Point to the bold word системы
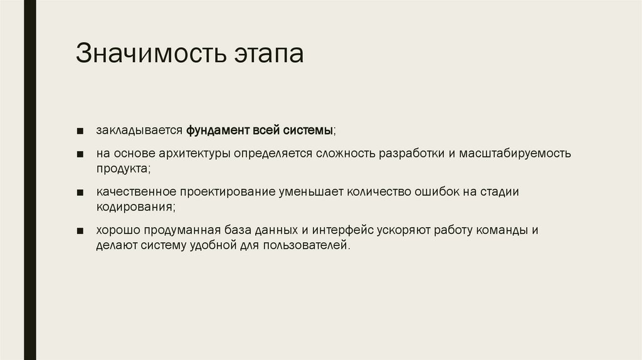pyautogui.click(x=307, y=131)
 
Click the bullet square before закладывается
pyautogui.click(x=82, y=132)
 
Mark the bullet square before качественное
pyautogui.click(x=82, y=193)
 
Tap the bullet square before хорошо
pyautogui.click(x=82, y=231)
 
